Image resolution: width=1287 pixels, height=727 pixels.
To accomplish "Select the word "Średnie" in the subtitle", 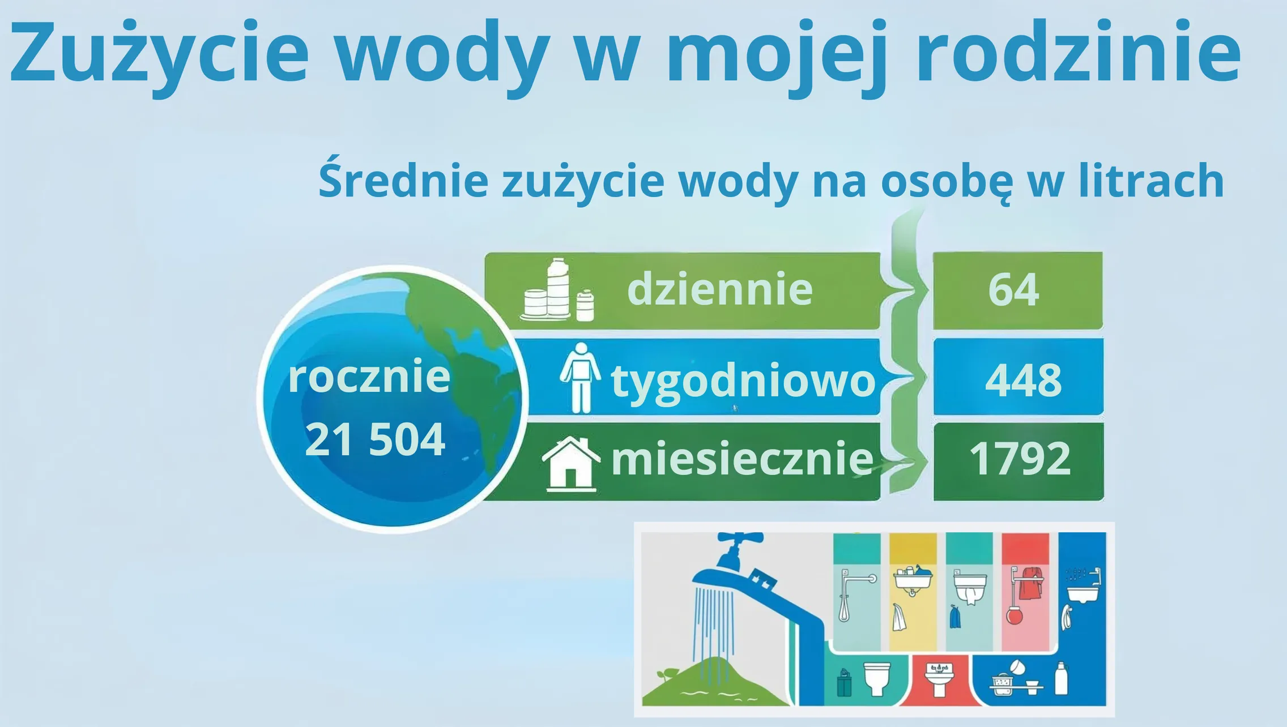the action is [403, 179].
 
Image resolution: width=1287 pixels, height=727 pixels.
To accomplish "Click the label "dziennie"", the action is [720, 289].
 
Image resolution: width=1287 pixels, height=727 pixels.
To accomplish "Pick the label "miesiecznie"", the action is [742, 458].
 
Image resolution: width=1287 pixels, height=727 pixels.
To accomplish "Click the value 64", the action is [1014, 290].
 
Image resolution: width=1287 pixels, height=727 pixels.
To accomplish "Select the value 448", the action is [1023, 380].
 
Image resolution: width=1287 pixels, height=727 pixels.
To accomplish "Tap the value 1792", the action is [1020, 458].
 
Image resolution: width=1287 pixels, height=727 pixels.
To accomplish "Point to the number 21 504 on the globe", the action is [375, 439].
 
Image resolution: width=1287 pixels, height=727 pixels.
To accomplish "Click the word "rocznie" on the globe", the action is [369, 377].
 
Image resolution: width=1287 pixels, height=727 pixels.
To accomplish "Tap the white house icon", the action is [571, 464].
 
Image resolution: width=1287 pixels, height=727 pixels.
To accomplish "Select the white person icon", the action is [580, 378].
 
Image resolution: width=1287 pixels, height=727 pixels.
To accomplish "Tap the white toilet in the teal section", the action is [877, 678].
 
